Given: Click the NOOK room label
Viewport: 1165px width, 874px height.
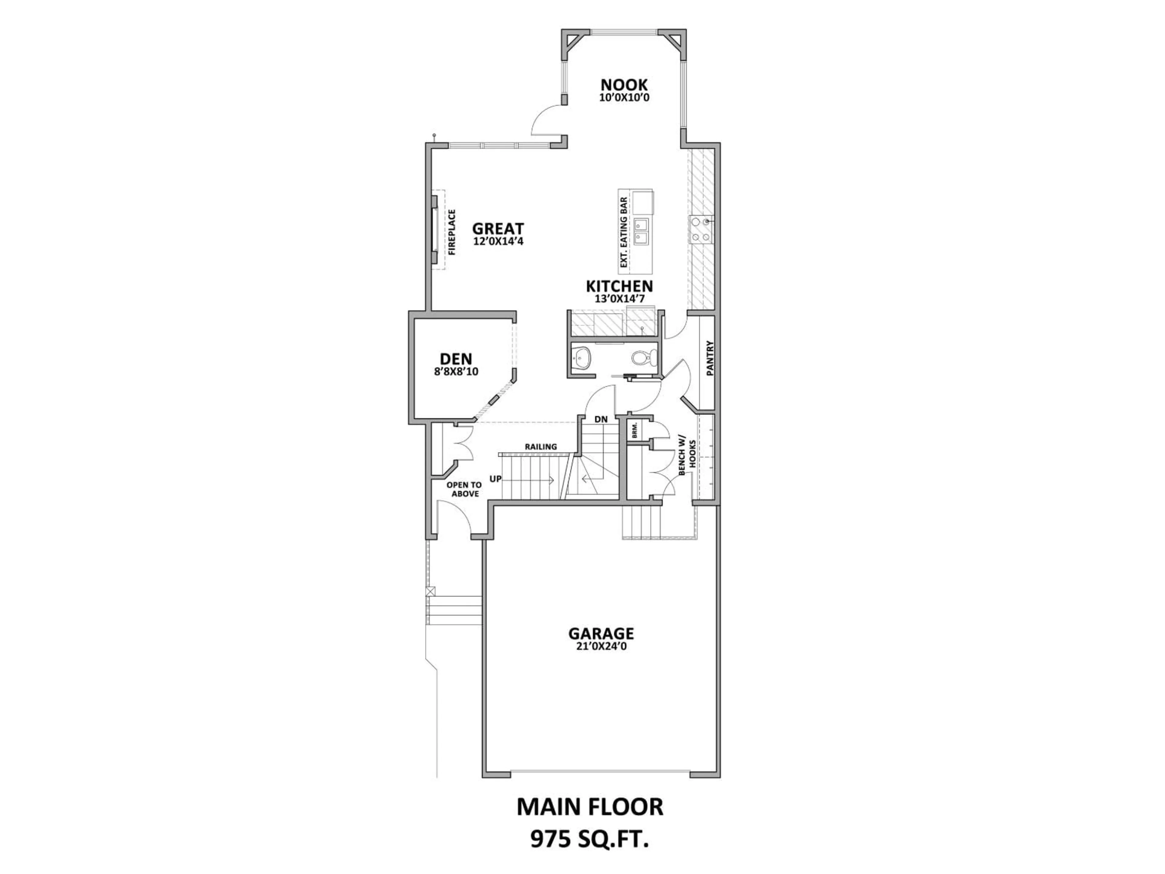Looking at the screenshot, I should pyautogui.click(x=624, y=84).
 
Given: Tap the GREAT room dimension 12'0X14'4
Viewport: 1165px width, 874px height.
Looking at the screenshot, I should pyautogui.click(x=498, y=242).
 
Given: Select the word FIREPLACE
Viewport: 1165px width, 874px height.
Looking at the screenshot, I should pyautogui.click(x=452, y=232).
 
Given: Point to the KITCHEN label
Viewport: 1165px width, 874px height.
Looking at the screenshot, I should pyautogui.click(x=620, y=286).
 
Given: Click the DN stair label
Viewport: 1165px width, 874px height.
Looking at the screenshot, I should pyautogui.click(x=601, y=419).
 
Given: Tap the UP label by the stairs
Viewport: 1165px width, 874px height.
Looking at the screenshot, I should pyautogui.click(x=495, y=479).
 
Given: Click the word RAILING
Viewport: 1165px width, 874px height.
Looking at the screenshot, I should pyautogui.click(x=540, y=447).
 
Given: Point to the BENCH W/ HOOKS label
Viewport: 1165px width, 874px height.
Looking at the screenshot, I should pyautogui.click(x=687, y=456).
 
